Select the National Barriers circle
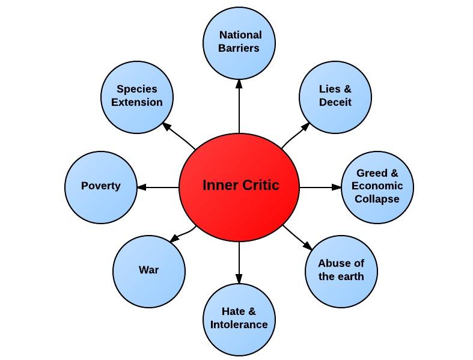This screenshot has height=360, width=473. tap(239, 43)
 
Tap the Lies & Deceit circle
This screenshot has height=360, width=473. tap(335, 97)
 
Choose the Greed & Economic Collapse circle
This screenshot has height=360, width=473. tap(377, 187)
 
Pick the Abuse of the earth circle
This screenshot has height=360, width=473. tap(341, 271)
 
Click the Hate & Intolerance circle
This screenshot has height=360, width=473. tap(239, 319)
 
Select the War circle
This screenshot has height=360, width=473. tap(149, 271)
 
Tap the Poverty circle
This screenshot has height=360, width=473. tap(100, 187)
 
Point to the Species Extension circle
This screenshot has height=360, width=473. tap(137, 97)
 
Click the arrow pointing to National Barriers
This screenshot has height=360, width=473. tap(239, 105)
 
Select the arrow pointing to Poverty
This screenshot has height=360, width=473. tap(158, 188)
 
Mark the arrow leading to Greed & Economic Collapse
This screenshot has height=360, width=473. tap(320, 188)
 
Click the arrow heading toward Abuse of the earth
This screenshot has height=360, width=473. tap(298, 238)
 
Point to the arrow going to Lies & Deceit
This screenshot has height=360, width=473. tap(295, 135)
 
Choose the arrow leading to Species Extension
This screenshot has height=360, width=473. tap(179, 135)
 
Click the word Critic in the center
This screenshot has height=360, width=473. tap(261, 186)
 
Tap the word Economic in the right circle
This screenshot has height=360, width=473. tap(377, 186)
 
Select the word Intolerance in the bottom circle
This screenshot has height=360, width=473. tap(239, 325)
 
